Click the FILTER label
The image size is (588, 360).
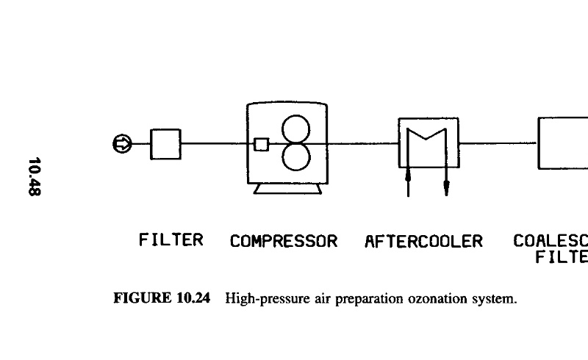tap(171, 240)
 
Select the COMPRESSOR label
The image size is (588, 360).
tap(284, 241)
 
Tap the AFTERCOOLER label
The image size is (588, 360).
tap(424, 241)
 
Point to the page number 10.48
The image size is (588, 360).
tap(35, 176)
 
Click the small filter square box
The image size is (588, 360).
tap(165, 144)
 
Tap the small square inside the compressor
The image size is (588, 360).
tap(261, 144)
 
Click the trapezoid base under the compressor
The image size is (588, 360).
tap(287, 190)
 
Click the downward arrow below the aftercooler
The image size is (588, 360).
tap(446, 184)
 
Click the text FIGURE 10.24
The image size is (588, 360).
tap(160, 299)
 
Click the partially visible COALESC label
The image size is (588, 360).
tap(551, 241)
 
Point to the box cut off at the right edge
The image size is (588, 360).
tap(563, 143)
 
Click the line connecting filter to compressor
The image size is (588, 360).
tap(213, 144)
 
